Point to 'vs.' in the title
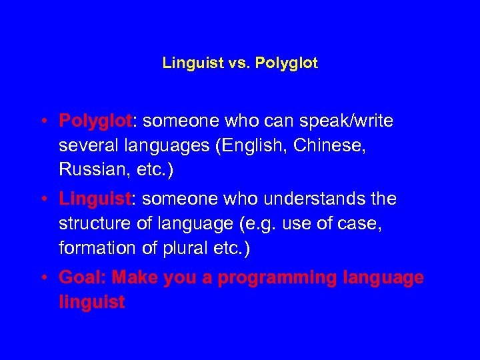click(x=236, y=63)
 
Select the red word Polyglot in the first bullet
click(x=96, y=121)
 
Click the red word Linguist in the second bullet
click(x=93, y=199)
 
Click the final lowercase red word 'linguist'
click(x=91, y=302)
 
